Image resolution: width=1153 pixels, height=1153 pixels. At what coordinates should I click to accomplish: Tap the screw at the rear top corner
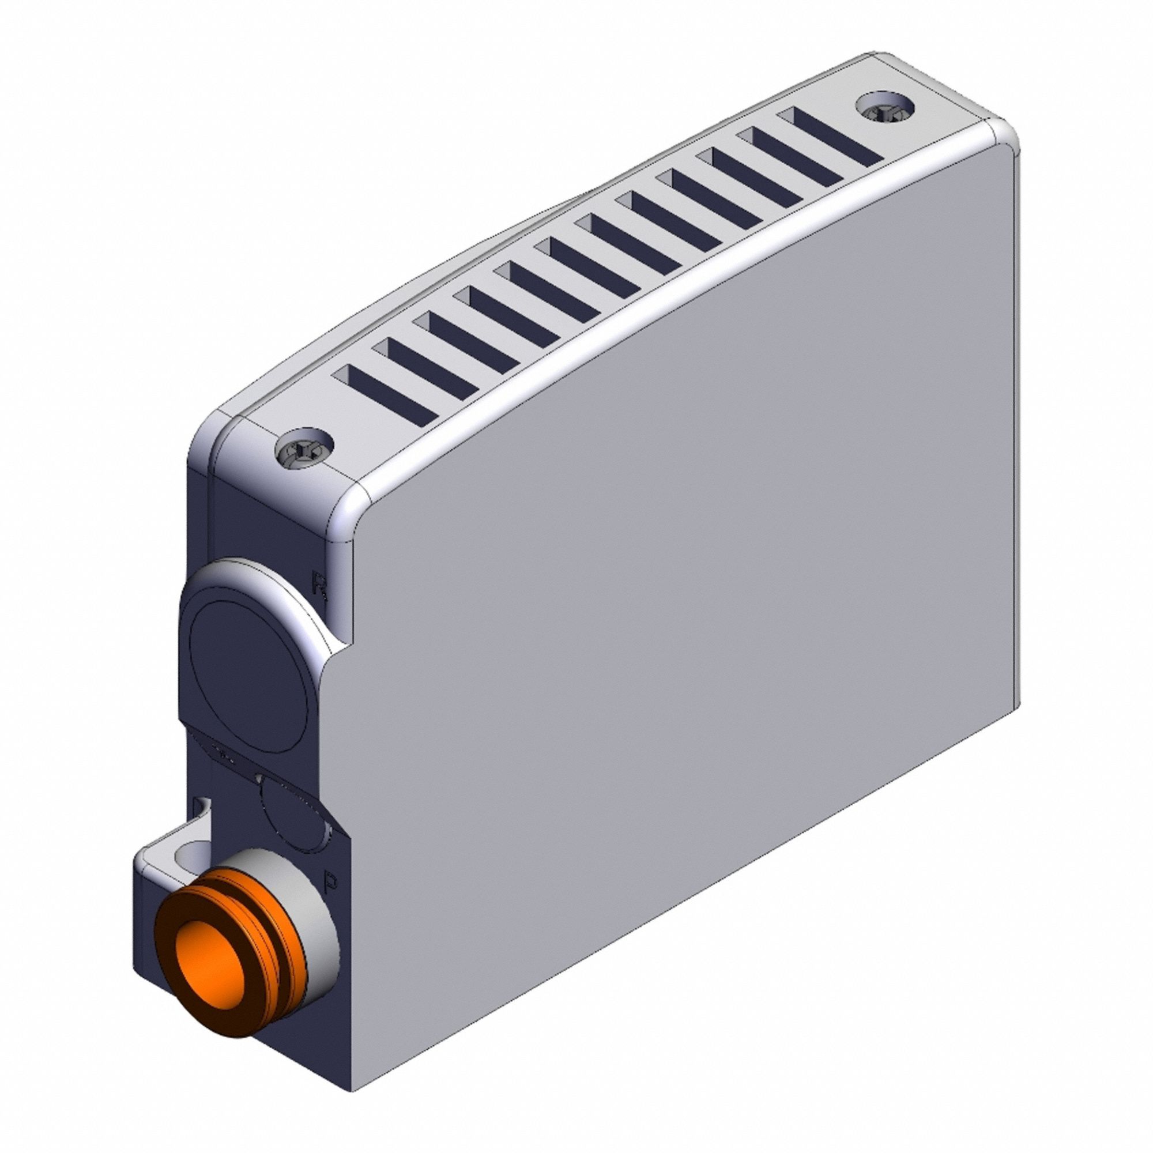[x=885, y=107]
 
